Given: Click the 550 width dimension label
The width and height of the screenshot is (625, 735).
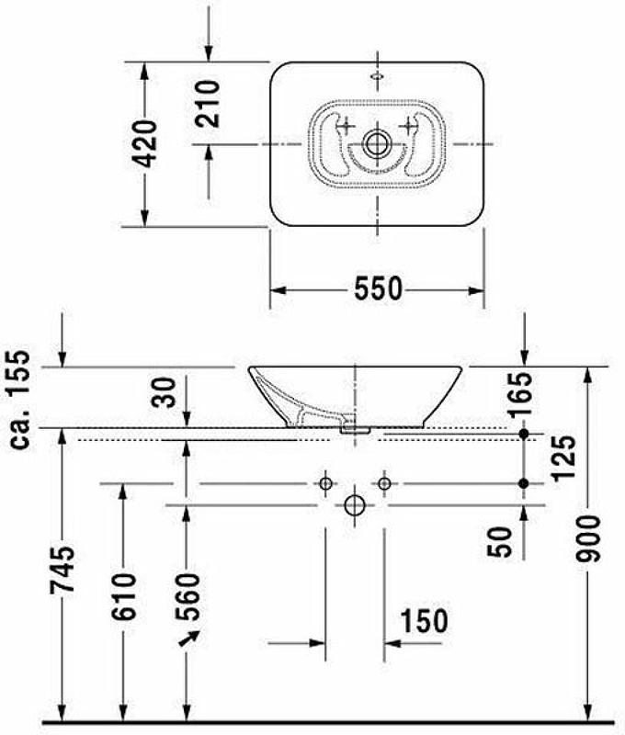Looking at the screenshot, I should coord(378,289).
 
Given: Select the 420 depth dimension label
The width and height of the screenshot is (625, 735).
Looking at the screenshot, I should coord(144,142).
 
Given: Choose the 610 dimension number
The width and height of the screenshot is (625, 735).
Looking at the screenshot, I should coord(123,595).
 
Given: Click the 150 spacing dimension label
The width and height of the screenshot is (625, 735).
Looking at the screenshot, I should coord(424,620).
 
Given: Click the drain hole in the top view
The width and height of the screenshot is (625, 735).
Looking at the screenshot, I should coord(377,143).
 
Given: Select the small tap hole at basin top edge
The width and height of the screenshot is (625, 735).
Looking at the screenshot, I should coord(378,73).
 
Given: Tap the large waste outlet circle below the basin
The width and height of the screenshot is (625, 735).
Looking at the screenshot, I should coord(355,506).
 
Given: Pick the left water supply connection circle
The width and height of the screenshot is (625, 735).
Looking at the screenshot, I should coord(325,483).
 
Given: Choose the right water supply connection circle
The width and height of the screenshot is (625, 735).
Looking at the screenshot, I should coord(384,483).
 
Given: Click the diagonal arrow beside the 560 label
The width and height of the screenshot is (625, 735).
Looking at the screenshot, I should coord(193,636).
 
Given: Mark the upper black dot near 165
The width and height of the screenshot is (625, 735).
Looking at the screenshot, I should coord(524,433).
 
